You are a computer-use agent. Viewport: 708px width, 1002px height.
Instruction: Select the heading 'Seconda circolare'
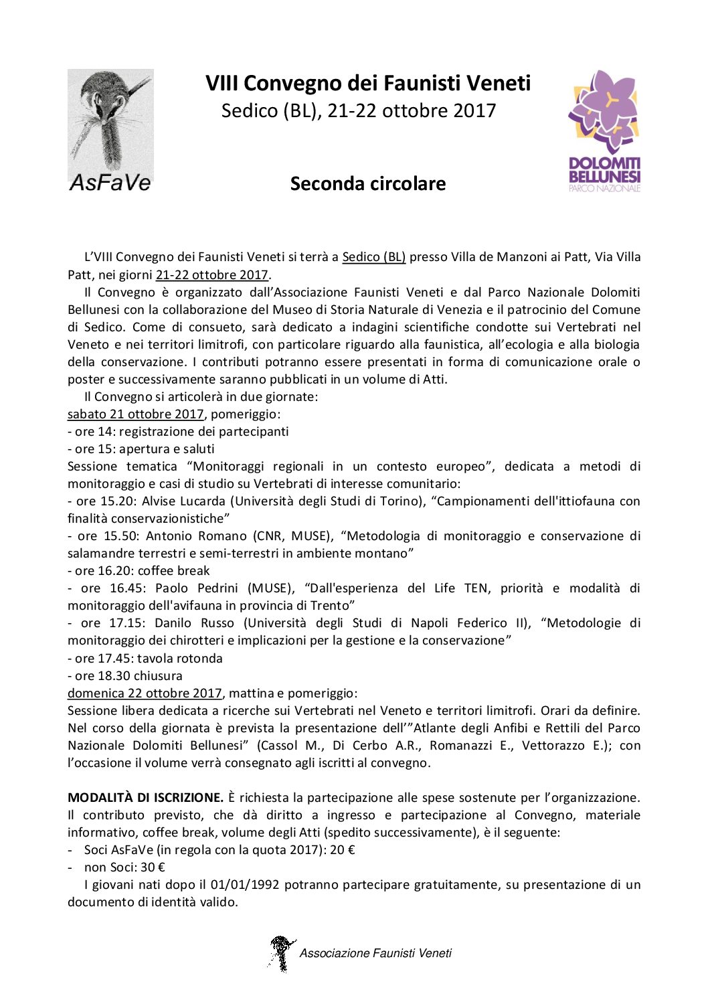click(368, 183)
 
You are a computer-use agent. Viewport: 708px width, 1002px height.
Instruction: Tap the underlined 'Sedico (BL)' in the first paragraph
click(373, 257)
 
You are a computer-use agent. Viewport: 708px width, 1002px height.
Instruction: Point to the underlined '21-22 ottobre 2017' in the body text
click(211, 275)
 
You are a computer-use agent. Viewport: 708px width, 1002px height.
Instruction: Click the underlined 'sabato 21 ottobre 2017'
click(135, 414)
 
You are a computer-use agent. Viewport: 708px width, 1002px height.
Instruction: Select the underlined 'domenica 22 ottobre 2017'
click(144, 693)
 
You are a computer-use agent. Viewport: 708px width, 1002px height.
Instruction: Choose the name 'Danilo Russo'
click(194, 623)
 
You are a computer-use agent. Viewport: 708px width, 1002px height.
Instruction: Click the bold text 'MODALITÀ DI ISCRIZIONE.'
click(145, 798)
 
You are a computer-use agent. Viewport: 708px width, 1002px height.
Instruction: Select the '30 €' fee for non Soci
click(153, 867)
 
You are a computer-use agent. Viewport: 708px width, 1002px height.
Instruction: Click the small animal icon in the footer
click(281, 953)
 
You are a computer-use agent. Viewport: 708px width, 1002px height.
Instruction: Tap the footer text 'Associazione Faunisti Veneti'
click(375, 953)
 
